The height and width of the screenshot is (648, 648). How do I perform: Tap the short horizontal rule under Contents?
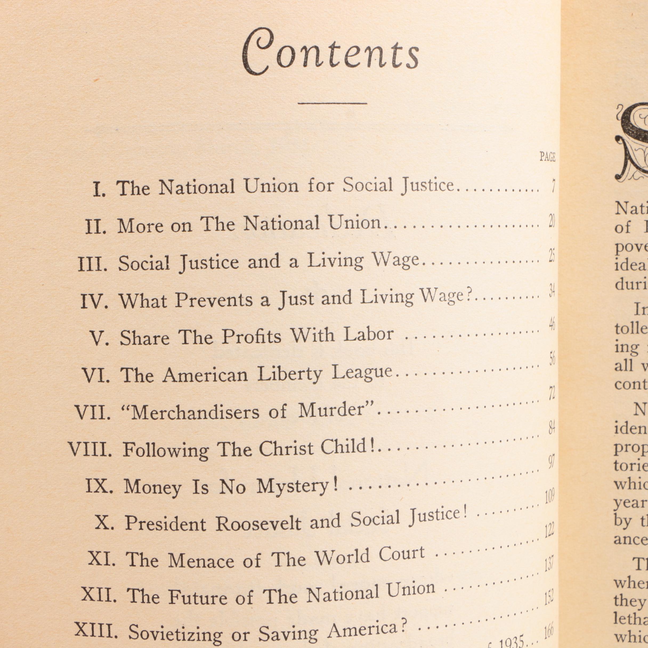pos(332,103)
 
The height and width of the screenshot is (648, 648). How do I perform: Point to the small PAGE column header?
pos(547,157)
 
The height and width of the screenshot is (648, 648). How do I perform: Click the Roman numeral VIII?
pos(90,449)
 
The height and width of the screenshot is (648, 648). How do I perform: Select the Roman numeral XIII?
pos(96,630)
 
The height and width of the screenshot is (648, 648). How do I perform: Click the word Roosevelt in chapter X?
pos(258,523)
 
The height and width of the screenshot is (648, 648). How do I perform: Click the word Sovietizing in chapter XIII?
pos(175,634)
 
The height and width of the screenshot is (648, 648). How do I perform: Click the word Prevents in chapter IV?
pos(214,299)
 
